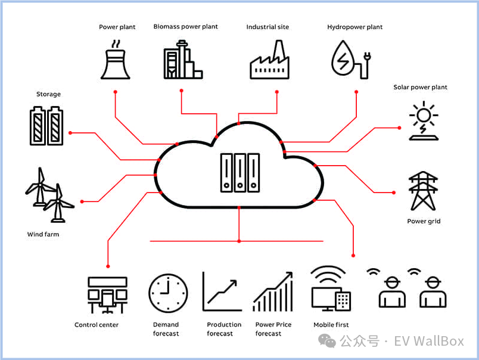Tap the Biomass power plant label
pos(185,27)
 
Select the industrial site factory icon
pos(269,61)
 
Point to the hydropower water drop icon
pos(345,60)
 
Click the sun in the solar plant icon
pos(424,114)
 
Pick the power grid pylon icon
pos(424,191)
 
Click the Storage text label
pos(48,94)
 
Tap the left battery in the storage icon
pos(38,126)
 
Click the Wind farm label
pos(43,234)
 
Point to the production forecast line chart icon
pos(222,292)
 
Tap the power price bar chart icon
pos(273,292)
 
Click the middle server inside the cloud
pos(240,173)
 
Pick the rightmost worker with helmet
pos(432,292)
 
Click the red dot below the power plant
pos(116,92)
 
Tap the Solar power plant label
pos(420,87)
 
